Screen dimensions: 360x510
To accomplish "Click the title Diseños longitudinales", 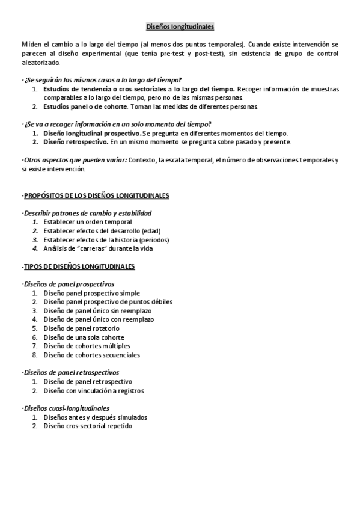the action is (180, 27).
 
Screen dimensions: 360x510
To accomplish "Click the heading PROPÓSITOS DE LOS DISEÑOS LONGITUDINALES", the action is (96, 195).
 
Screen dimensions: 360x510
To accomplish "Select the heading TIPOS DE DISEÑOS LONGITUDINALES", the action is (79, 266).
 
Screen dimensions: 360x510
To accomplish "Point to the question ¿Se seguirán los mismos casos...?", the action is (103, 79).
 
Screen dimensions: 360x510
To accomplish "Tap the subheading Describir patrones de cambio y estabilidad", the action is (87, 213).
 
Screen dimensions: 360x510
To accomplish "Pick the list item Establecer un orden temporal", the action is (87, 222).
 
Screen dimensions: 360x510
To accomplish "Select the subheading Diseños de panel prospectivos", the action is (69, 284).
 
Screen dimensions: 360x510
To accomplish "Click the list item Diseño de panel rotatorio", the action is (81, 328).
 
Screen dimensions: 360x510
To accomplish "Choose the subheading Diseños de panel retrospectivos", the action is (71, 372).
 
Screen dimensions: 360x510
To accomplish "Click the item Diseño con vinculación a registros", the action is (93, 390).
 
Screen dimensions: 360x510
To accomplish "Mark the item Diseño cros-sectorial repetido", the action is (88, 426).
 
